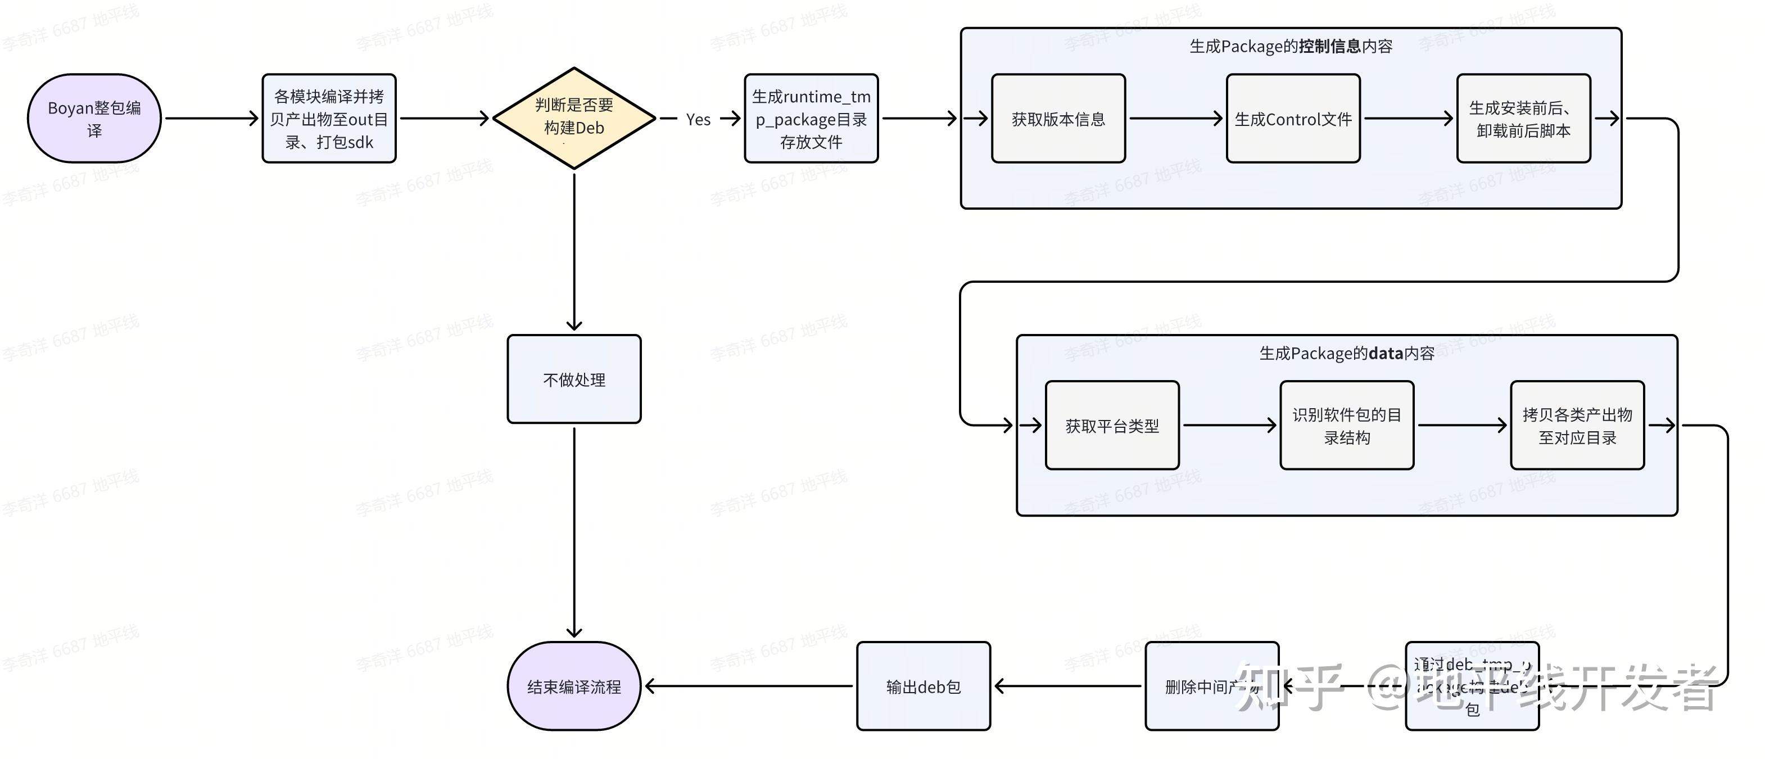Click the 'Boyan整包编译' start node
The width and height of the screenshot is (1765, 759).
(94, 119)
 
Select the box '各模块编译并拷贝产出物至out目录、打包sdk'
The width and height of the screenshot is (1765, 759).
(329, 119)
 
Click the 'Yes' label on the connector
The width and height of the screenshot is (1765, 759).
(698, 119)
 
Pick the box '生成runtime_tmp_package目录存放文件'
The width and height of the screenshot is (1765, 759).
(811, 119)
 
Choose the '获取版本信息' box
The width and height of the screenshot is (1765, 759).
(1058, 119)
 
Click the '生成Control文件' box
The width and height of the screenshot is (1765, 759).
(1292, 119)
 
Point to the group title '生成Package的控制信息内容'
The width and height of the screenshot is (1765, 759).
(1290, 46)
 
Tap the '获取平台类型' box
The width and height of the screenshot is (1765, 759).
(1111, 426)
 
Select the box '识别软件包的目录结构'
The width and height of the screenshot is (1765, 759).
(1346, 426)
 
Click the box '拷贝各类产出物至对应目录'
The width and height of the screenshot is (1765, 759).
(1577, 426)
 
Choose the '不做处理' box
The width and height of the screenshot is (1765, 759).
(573, 379)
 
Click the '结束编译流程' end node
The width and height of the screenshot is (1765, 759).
(573, 686)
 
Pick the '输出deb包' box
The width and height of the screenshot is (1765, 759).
(923, 686)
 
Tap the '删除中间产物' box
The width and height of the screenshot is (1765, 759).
(1211, 686)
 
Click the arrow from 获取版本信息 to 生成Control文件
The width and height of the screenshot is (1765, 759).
(1175, 119)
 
